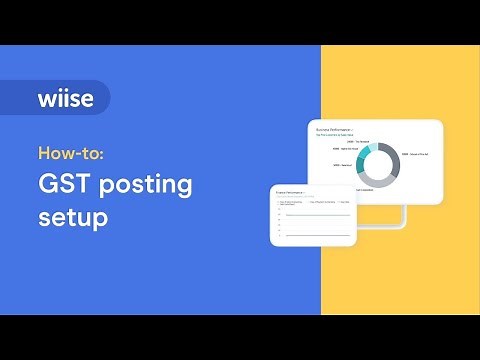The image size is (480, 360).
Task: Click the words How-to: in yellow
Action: click(76, 154)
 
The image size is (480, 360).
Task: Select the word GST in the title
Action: click(65, 185)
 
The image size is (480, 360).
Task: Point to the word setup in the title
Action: click(72, 216)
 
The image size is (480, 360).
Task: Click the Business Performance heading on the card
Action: click(336, 129)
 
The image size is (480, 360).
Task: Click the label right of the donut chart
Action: click(415, 154)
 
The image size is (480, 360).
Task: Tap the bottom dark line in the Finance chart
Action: click(316, 235)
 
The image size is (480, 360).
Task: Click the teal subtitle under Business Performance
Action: click(336, 134)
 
